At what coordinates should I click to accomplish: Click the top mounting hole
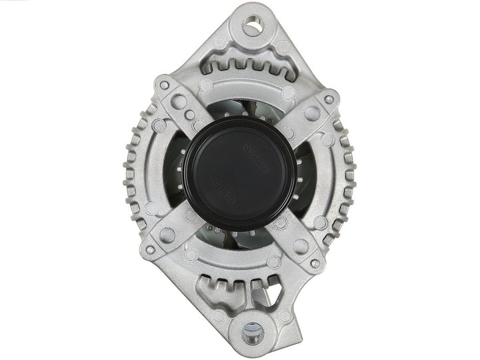coord(252,28)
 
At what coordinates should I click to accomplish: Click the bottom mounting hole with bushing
coord(251,331)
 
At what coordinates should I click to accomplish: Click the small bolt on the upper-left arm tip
coord(162,85)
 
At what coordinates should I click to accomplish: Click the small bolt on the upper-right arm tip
coord(328,100)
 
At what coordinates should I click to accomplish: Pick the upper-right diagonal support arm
coord(303,120)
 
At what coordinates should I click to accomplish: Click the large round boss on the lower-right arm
coord(301,246)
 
